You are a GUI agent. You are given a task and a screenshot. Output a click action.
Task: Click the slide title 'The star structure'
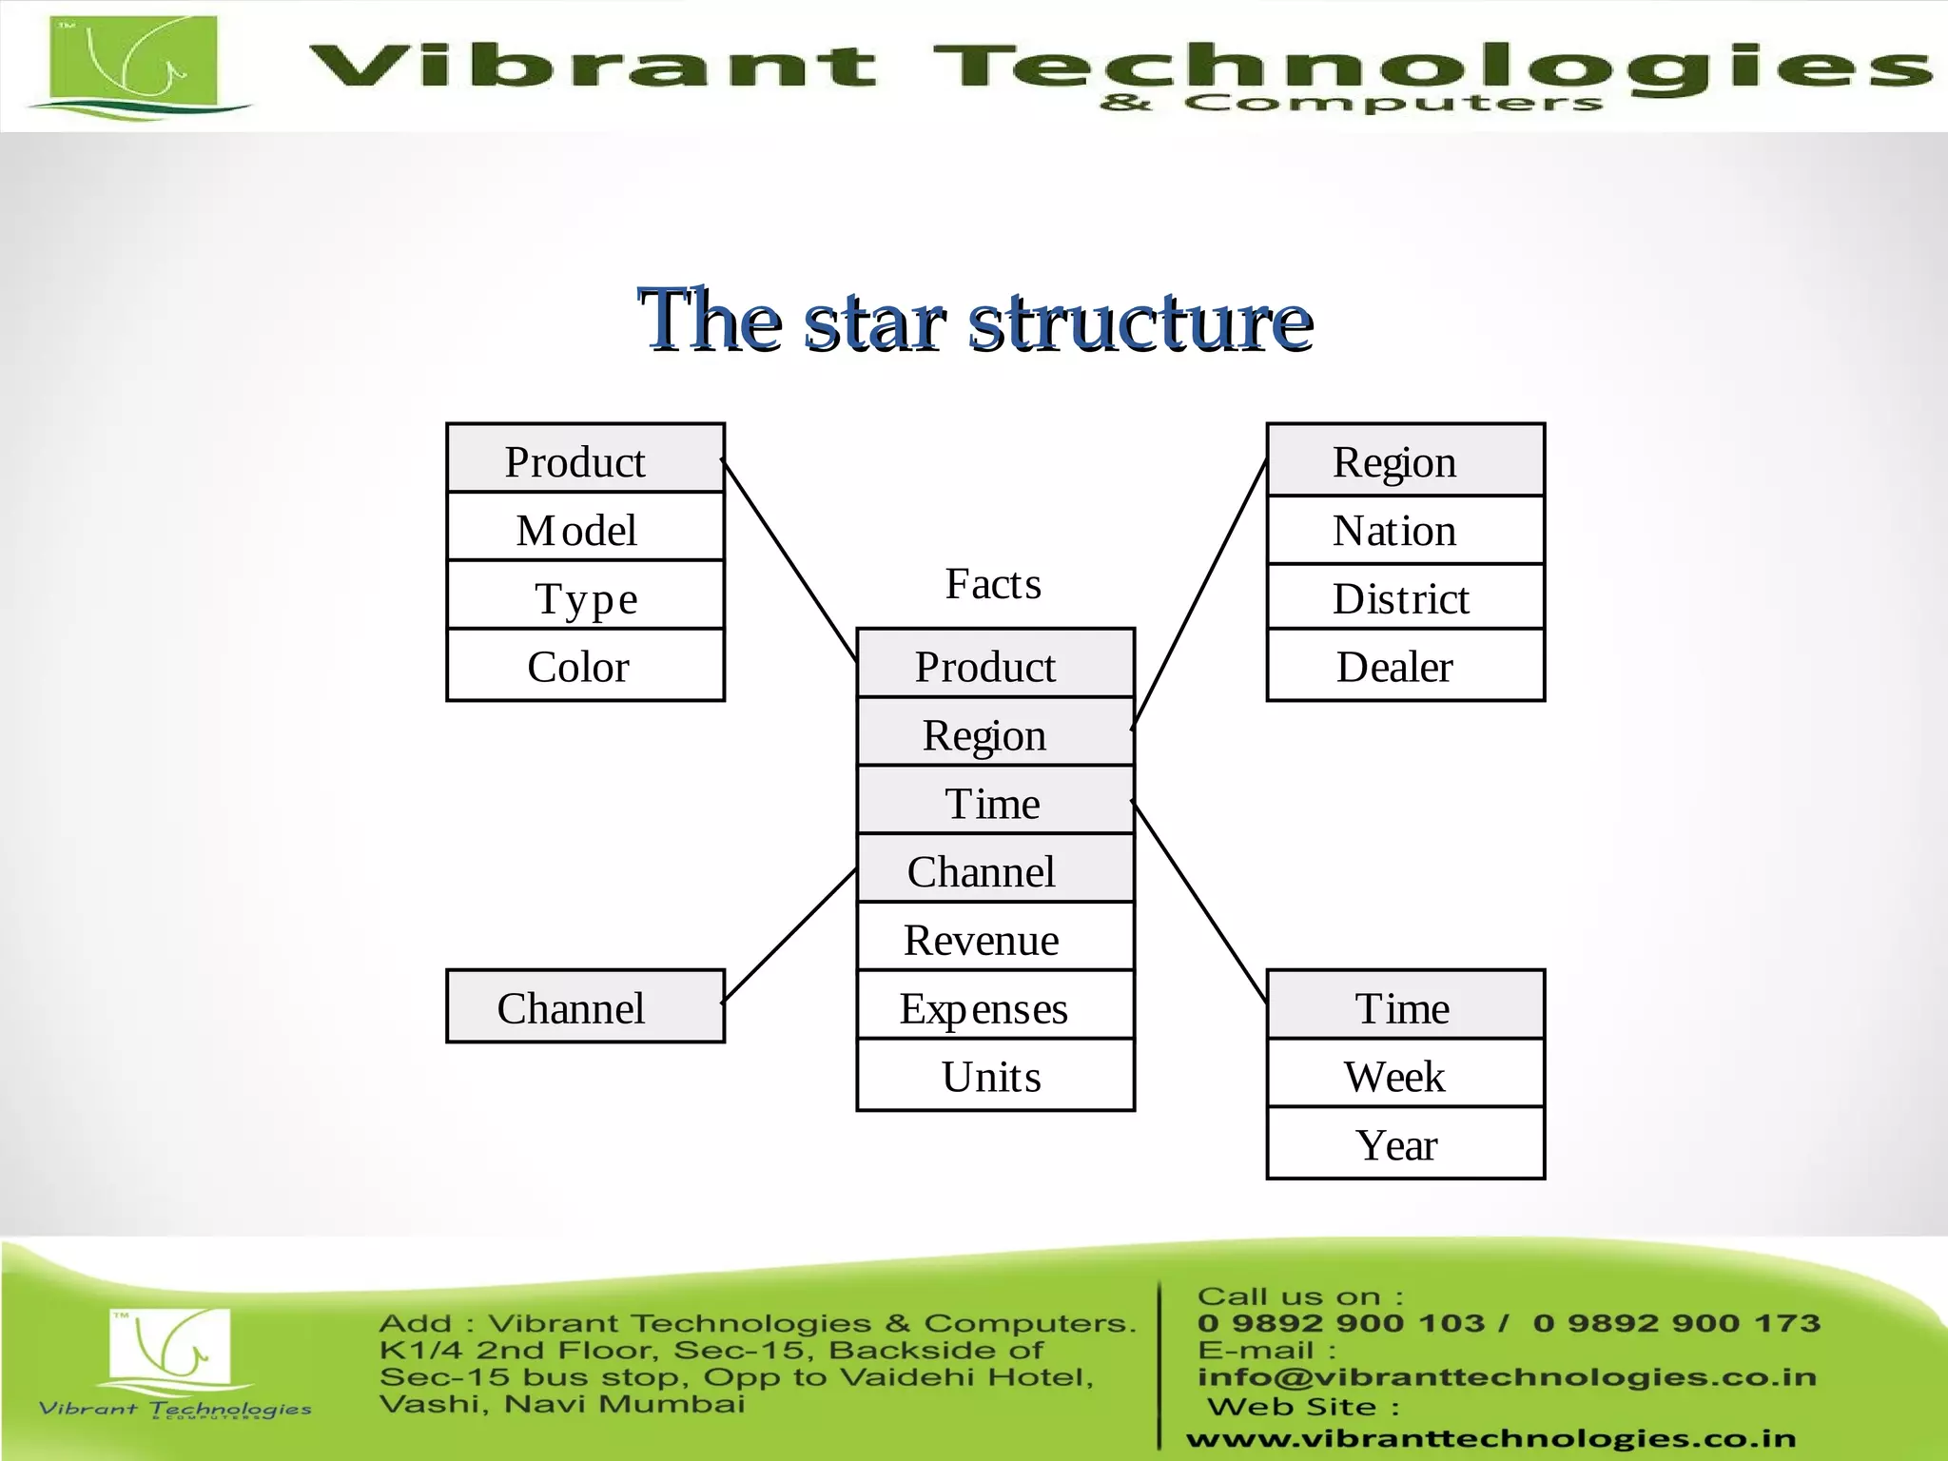pos(975,321)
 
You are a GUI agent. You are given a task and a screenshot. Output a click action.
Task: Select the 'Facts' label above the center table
pos(992,584)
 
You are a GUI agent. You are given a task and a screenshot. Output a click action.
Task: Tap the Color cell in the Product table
pos(585,666)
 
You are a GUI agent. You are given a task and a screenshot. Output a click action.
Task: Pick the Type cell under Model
pos(585,597)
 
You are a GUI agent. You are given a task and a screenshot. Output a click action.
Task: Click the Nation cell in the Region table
pos(1404,530)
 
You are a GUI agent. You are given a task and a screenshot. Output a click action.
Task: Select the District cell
pos(1404,598)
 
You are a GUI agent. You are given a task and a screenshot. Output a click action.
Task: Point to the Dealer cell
pos(1404,667)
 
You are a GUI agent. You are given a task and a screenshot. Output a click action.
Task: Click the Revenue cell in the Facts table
pos(994,939)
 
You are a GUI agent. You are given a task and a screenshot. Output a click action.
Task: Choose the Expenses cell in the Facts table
pos(994,1007)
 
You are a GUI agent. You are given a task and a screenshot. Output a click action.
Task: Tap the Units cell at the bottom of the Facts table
pos(994,1077)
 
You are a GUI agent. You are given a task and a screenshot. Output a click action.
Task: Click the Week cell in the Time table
pos(1404,1076)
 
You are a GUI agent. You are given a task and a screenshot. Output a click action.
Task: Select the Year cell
pos(1404,1144)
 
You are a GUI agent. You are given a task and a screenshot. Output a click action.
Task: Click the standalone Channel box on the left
pos(585,1007)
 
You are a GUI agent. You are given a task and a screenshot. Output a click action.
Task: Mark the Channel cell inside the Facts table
pos(994,870)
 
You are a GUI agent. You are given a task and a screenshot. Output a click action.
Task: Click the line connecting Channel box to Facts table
pos(789,935)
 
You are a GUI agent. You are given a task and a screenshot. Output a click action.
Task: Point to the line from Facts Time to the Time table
pos(1200,903)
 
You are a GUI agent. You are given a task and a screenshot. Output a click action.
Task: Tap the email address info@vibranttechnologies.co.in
pos(1507,1377)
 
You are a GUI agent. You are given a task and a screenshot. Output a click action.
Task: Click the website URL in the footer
pos(1490,1439)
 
